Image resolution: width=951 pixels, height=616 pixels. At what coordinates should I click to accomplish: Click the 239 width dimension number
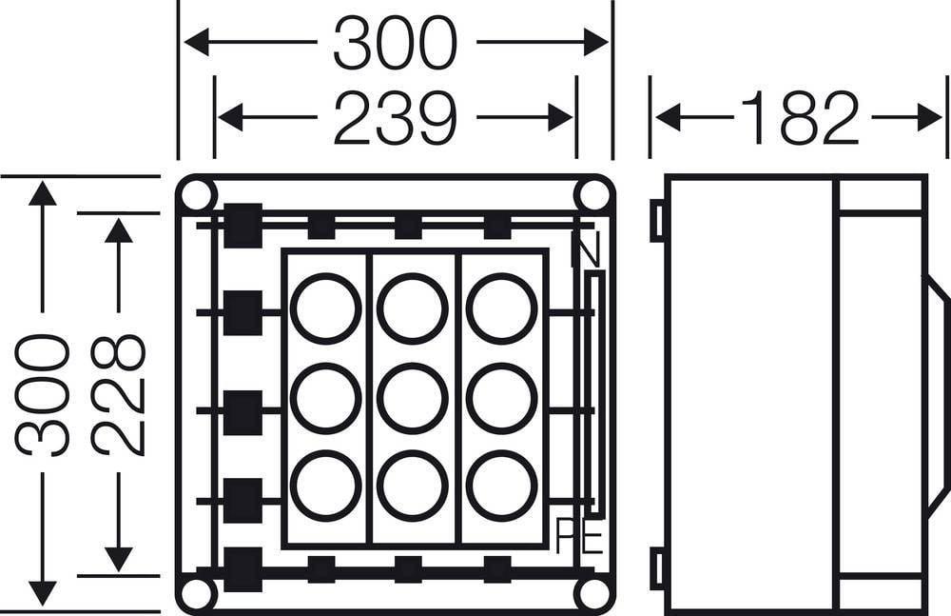(394, 118)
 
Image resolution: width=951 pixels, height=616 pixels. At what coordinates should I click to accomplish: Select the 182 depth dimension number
(800, 118)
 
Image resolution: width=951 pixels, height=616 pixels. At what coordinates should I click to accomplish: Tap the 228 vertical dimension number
(119, 395)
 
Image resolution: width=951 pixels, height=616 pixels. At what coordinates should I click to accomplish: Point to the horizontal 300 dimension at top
(394, 43)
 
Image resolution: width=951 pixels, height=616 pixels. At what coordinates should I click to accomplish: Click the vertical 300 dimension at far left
(42, 395)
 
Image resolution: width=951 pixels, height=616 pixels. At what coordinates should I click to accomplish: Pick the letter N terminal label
(585, 249)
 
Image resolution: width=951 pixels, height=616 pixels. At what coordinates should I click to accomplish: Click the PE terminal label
(579, 535)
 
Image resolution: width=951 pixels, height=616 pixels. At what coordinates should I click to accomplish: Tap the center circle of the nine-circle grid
(413, 399)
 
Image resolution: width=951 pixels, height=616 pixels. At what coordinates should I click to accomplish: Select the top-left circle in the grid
(325, 308)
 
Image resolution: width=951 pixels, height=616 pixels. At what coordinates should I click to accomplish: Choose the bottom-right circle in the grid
(501, 486)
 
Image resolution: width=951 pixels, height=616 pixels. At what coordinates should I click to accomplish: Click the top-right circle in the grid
(501, 308)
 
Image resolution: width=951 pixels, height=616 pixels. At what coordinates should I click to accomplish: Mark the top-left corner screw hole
(197, 195)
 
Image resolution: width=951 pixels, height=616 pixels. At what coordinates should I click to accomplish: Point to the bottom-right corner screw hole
(593, 594)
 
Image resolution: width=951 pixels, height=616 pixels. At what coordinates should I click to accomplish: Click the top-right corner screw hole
(593, 195)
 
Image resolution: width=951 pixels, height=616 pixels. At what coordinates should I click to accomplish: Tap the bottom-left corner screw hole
(197, 594)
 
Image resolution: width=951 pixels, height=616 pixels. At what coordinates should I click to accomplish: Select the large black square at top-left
(243, 226)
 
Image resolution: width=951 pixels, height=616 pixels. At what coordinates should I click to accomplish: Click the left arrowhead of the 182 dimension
(669, 117)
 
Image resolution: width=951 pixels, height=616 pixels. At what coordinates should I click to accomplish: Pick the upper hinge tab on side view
(657, 220)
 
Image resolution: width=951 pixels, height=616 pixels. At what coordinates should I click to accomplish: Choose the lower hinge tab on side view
(657, 568)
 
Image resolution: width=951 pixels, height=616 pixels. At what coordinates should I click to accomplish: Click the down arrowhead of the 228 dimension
(119, 559)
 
